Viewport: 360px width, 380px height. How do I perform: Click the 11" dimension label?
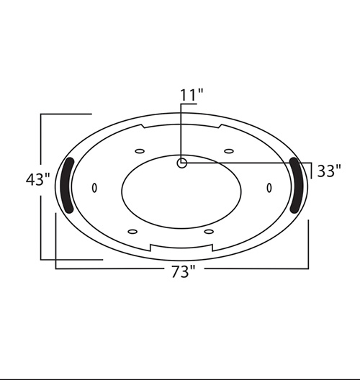(x=192, y=95)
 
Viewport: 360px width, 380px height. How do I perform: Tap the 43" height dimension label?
(x=38, y=180)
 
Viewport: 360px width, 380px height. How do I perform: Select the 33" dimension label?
(x=329, y=171)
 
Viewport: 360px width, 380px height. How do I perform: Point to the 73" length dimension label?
(x=184, y=271)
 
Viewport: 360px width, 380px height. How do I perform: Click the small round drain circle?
(x=182, y=163)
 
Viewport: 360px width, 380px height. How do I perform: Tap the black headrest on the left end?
(x=67, y=186)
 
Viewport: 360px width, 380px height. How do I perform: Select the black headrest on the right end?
(x=297, y=186)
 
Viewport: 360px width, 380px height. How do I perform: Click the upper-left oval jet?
(x=140, y=151)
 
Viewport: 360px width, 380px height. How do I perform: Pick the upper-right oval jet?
(x=229, y=151)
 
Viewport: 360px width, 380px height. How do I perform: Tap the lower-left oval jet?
(x=132, y=232)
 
